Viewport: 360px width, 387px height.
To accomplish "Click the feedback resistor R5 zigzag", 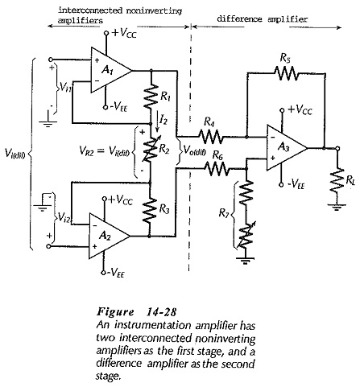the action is [286, 73].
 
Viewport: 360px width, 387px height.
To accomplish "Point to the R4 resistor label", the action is [209, 122].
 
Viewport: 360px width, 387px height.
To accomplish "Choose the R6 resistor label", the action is [217, 155].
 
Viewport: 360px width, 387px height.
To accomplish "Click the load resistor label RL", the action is [350, 181].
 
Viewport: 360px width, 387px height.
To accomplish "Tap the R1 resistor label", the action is [165, 97].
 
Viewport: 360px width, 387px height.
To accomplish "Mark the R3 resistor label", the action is [164, 209].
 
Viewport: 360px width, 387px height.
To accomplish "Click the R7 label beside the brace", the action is [224, 213].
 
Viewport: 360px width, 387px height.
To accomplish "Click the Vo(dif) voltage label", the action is [195, 151].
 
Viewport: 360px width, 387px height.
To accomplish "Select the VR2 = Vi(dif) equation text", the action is [105, 151].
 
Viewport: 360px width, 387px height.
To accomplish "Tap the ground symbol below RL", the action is [337, 207].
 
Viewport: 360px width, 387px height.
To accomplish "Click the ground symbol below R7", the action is [245, 260].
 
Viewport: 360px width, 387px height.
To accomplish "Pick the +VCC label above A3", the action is [300, 110].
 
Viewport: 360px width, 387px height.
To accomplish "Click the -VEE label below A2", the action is [115, 273].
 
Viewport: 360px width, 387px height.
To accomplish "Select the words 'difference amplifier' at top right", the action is [262, 19].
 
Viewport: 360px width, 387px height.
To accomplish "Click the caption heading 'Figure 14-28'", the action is [137, 312].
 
